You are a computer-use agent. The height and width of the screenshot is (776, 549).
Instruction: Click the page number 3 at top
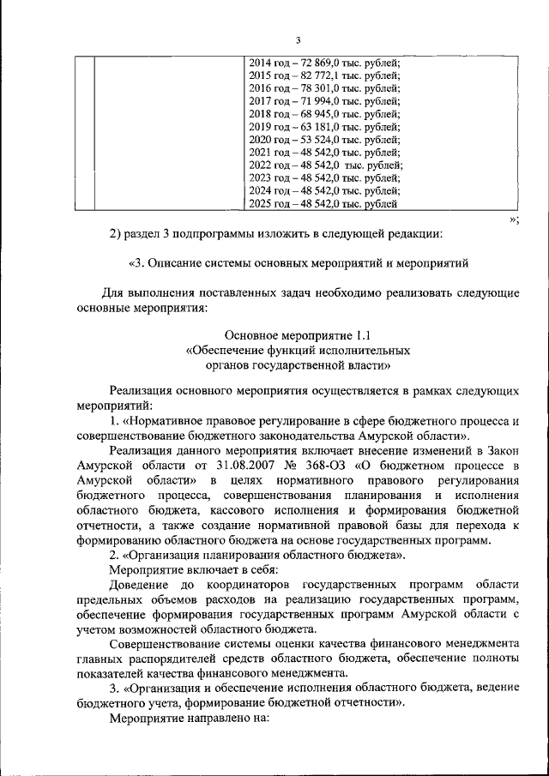click(298, 40)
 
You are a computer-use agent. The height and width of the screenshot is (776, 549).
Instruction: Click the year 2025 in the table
click(261, 204)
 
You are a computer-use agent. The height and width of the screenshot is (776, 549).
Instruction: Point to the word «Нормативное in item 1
click(168, 421)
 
